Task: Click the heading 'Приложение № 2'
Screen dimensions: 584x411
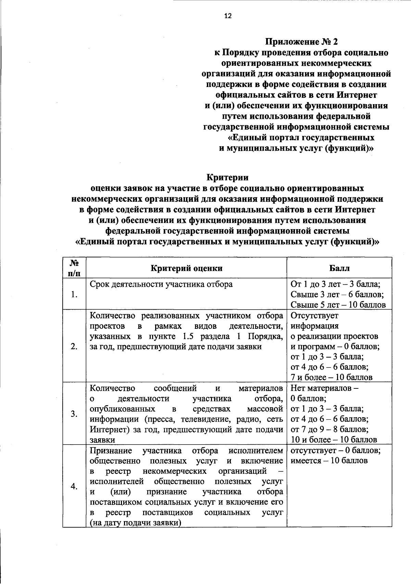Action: [302, 42]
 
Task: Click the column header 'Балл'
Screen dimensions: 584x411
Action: [339, 268]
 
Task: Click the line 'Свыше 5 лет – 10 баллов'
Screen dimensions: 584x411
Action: [338, 305]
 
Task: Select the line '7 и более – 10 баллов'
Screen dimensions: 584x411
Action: [331, 377]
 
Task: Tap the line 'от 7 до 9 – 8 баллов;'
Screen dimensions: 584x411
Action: [329, 429]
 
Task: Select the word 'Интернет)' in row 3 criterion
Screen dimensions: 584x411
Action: [106, 430]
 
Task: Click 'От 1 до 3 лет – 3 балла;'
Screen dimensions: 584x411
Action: [336, 284]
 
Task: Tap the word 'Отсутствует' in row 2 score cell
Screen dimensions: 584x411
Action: [314, 315]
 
